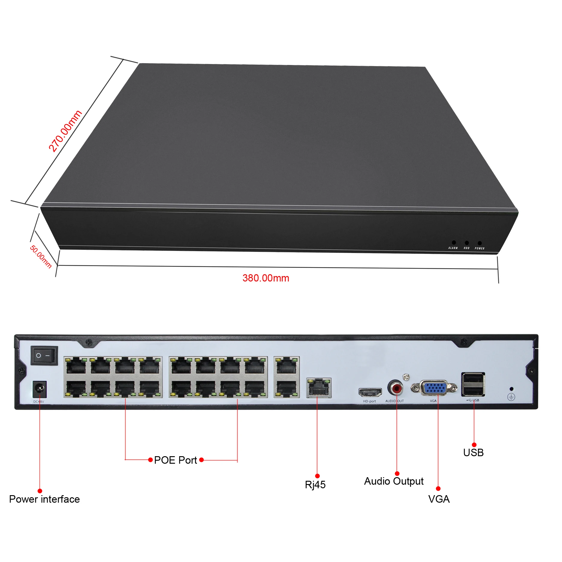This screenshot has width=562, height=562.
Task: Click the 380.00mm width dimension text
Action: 266,278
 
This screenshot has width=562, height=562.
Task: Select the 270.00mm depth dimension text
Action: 65,131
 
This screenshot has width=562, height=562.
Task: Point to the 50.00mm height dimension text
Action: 41,257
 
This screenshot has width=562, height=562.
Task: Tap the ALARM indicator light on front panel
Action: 454,242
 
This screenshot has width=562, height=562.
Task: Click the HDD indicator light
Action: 467,243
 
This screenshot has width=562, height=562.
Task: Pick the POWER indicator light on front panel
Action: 480,243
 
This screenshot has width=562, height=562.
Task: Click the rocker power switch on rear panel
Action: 44,355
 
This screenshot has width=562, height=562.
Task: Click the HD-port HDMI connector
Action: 370,392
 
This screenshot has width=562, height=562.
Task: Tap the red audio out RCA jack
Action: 396,388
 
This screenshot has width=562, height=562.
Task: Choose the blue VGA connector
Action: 435,388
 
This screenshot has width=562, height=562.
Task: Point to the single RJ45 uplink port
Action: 319,388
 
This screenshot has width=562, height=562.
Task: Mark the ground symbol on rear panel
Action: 511,397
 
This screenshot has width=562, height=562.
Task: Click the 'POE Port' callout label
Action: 175,460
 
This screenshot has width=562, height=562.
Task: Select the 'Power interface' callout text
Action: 44,499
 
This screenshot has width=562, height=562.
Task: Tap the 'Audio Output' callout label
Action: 394,481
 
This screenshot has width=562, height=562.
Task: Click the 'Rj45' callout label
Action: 315,485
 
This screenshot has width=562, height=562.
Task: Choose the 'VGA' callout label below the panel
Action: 439,499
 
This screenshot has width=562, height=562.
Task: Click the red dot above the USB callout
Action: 474,445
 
